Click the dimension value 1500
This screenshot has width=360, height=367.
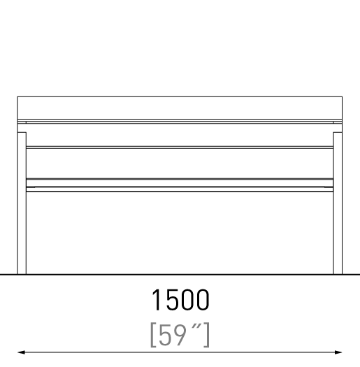click(180, 300)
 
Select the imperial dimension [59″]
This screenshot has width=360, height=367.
click(180, 335)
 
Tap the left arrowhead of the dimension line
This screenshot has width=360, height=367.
click(21, 352)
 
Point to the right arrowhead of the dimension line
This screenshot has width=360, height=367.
click(338, 352)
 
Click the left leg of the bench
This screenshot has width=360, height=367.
click(22, 203)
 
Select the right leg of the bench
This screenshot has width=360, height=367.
click(338, 203)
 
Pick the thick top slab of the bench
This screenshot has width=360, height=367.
click(180, 108)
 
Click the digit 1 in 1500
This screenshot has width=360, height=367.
click(157, 300)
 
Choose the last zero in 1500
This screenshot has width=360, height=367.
click(203, 300)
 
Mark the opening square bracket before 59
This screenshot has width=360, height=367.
click(153, 335)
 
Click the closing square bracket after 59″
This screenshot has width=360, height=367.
click(207, 335)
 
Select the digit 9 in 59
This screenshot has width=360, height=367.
click(180, 335)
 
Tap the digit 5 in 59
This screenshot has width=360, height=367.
click(165, 335)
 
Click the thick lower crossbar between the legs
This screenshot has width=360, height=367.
click(180, 185)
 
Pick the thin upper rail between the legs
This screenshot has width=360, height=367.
click(180, 147)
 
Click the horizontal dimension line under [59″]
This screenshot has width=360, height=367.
click(180, 352)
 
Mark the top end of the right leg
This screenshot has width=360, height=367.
click(338, 133)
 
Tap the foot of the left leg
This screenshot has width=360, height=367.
click(22, 273)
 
